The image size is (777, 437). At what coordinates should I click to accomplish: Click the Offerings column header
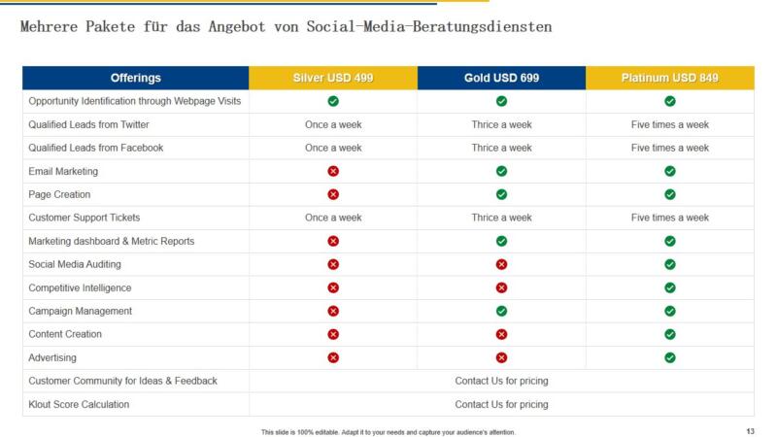136,78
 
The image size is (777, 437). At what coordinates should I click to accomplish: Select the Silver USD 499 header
333,78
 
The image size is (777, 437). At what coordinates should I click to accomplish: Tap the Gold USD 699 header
501,78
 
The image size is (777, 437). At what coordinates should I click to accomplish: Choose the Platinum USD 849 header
670,78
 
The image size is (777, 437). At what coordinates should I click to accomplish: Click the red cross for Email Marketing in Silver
333,171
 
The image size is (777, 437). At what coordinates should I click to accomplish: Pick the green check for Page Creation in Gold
501,194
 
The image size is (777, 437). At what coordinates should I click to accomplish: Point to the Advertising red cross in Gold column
501,357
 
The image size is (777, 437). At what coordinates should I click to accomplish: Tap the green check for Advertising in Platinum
670,357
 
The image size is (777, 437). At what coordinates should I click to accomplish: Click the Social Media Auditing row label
75,264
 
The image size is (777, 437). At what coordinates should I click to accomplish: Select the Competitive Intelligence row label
80,287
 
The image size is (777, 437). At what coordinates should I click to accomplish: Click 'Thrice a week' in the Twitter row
501,124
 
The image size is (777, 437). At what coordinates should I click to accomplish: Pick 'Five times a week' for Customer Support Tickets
670,218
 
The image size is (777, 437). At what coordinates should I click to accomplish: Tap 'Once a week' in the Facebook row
333,148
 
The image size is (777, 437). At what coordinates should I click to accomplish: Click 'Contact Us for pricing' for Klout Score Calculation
501,404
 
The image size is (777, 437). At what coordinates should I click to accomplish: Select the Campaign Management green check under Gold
501,311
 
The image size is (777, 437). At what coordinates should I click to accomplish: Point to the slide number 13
750,431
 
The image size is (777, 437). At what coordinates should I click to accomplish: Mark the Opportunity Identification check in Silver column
333,101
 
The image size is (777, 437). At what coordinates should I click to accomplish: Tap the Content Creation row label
65,334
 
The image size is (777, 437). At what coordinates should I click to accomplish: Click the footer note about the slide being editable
388,431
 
